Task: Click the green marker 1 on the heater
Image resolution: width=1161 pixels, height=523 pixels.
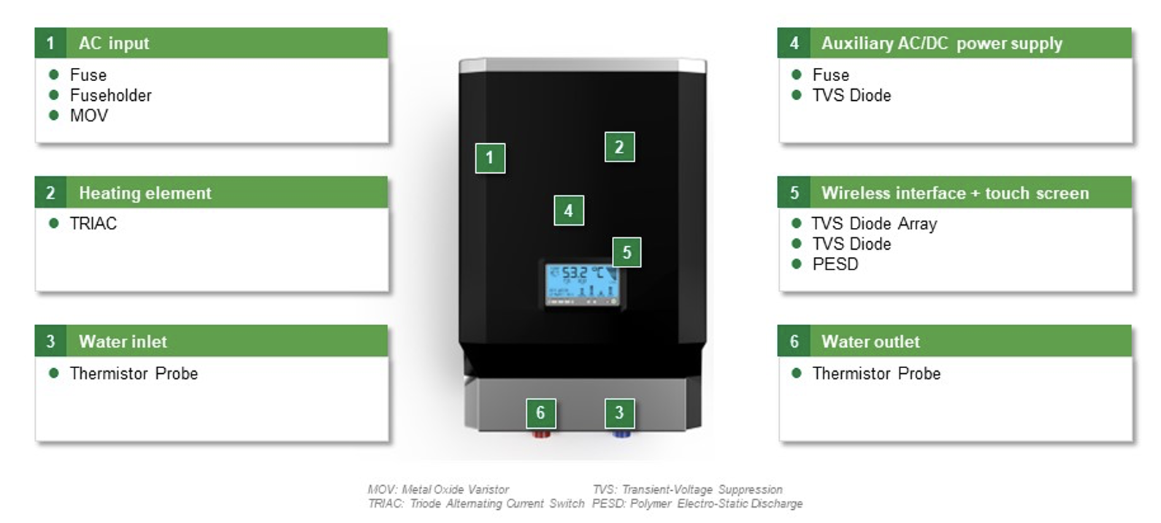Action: pos(490,158)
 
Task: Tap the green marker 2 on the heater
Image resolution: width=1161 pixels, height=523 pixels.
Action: pos(619,147)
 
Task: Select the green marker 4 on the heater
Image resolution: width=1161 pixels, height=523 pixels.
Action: pos(569,210)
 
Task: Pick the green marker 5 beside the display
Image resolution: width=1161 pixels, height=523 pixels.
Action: pos(627,253)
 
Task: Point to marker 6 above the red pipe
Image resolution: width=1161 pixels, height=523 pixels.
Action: pos(540,413)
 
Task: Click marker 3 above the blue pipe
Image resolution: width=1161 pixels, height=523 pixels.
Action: pos(619,413)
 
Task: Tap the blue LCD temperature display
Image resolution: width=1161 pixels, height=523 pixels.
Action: pos(583,285)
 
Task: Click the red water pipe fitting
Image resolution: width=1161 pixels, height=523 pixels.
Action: pos(541,434)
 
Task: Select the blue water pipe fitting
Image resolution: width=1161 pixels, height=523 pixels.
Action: pos(621,434)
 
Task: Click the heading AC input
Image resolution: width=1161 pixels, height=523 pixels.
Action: pos(113,43)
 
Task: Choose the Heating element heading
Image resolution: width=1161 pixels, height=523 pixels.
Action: pos(145,193)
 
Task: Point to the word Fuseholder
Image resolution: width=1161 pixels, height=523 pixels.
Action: pos(110,96)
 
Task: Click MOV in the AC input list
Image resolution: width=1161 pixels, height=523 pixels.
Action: pos(89,115)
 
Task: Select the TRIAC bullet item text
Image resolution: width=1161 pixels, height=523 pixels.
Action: pos(93,224)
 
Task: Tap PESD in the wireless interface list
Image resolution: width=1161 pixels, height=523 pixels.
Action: pos(835,264)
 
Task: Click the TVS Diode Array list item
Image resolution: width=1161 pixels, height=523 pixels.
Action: pos(874,224)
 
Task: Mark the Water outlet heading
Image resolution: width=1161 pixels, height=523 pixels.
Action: pos(870,342)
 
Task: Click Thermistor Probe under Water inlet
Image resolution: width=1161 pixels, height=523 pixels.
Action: pos(134,373)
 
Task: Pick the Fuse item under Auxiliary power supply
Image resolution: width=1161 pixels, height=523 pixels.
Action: pos(831,75)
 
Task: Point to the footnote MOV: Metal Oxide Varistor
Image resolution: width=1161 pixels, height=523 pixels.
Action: pos(438,489)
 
